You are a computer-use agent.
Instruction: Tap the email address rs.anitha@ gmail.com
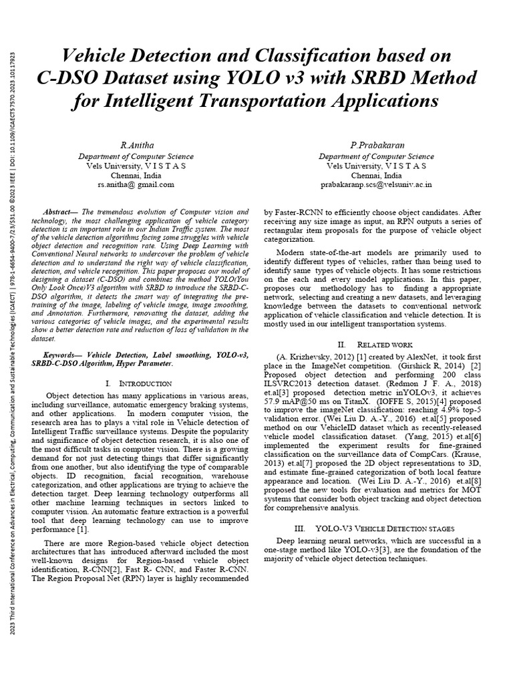136,184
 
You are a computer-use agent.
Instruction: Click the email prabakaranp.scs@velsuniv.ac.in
375,184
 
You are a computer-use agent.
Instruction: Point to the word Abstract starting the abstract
61,210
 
